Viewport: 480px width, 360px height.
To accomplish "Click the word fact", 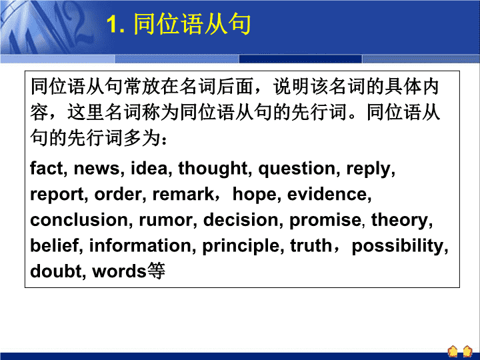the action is [x=47, y=168].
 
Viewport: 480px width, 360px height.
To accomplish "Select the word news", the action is [x=97, y=169].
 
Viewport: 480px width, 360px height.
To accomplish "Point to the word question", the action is [x=297, y=169].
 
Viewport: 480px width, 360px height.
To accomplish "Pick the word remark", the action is [x=183, y=194].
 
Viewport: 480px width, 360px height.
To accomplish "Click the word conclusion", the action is [x=79, y=220].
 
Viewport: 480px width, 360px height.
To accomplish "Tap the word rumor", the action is [x=165, y=221].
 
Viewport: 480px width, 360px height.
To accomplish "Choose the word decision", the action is [x=241, y=220].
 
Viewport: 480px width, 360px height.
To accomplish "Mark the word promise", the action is [x=325, y=221].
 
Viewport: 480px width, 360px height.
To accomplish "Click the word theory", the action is [x=400, y=221].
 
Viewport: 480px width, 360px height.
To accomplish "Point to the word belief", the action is [x=55, y=245].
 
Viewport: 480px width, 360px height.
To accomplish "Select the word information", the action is [x=140, y=245].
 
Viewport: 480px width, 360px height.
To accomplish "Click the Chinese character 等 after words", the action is [x=156, y=271].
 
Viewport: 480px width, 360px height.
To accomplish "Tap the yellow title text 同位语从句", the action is [x=192, y=23].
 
